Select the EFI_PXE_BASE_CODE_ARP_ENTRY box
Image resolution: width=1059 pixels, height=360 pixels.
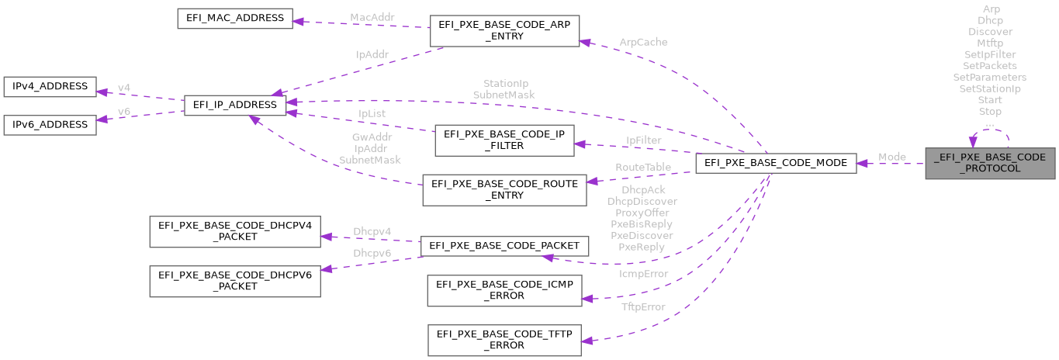[504, 30]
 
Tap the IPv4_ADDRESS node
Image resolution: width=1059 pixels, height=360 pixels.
[50, 87]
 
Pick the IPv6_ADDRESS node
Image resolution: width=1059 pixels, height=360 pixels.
[50, 124]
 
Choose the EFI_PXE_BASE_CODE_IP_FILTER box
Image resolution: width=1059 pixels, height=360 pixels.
[504, 139]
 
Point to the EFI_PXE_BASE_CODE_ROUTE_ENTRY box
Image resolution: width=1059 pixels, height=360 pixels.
[504, 189]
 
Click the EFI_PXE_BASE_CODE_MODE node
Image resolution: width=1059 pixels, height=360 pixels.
[777, 163]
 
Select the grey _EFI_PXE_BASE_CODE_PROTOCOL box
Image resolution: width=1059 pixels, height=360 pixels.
[990, 163]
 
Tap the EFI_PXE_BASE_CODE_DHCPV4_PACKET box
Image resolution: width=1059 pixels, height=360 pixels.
[234, 232]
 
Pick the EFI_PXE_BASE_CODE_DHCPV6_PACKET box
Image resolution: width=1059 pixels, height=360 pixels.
[234, 280]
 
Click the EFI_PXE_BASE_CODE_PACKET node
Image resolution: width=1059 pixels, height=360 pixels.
[504, 246]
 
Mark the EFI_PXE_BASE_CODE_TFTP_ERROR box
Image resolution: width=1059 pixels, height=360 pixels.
[504, 340]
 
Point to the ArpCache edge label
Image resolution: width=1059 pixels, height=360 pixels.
[643, 41]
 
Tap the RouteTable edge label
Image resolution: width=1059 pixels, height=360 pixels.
[643, 167]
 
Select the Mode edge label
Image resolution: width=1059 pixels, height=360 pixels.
[891, 157]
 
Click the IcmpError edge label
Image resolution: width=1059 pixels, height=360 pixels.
[642, 274]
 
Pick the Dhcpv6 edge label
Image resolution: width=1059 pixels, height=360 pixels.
[372, 253]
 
